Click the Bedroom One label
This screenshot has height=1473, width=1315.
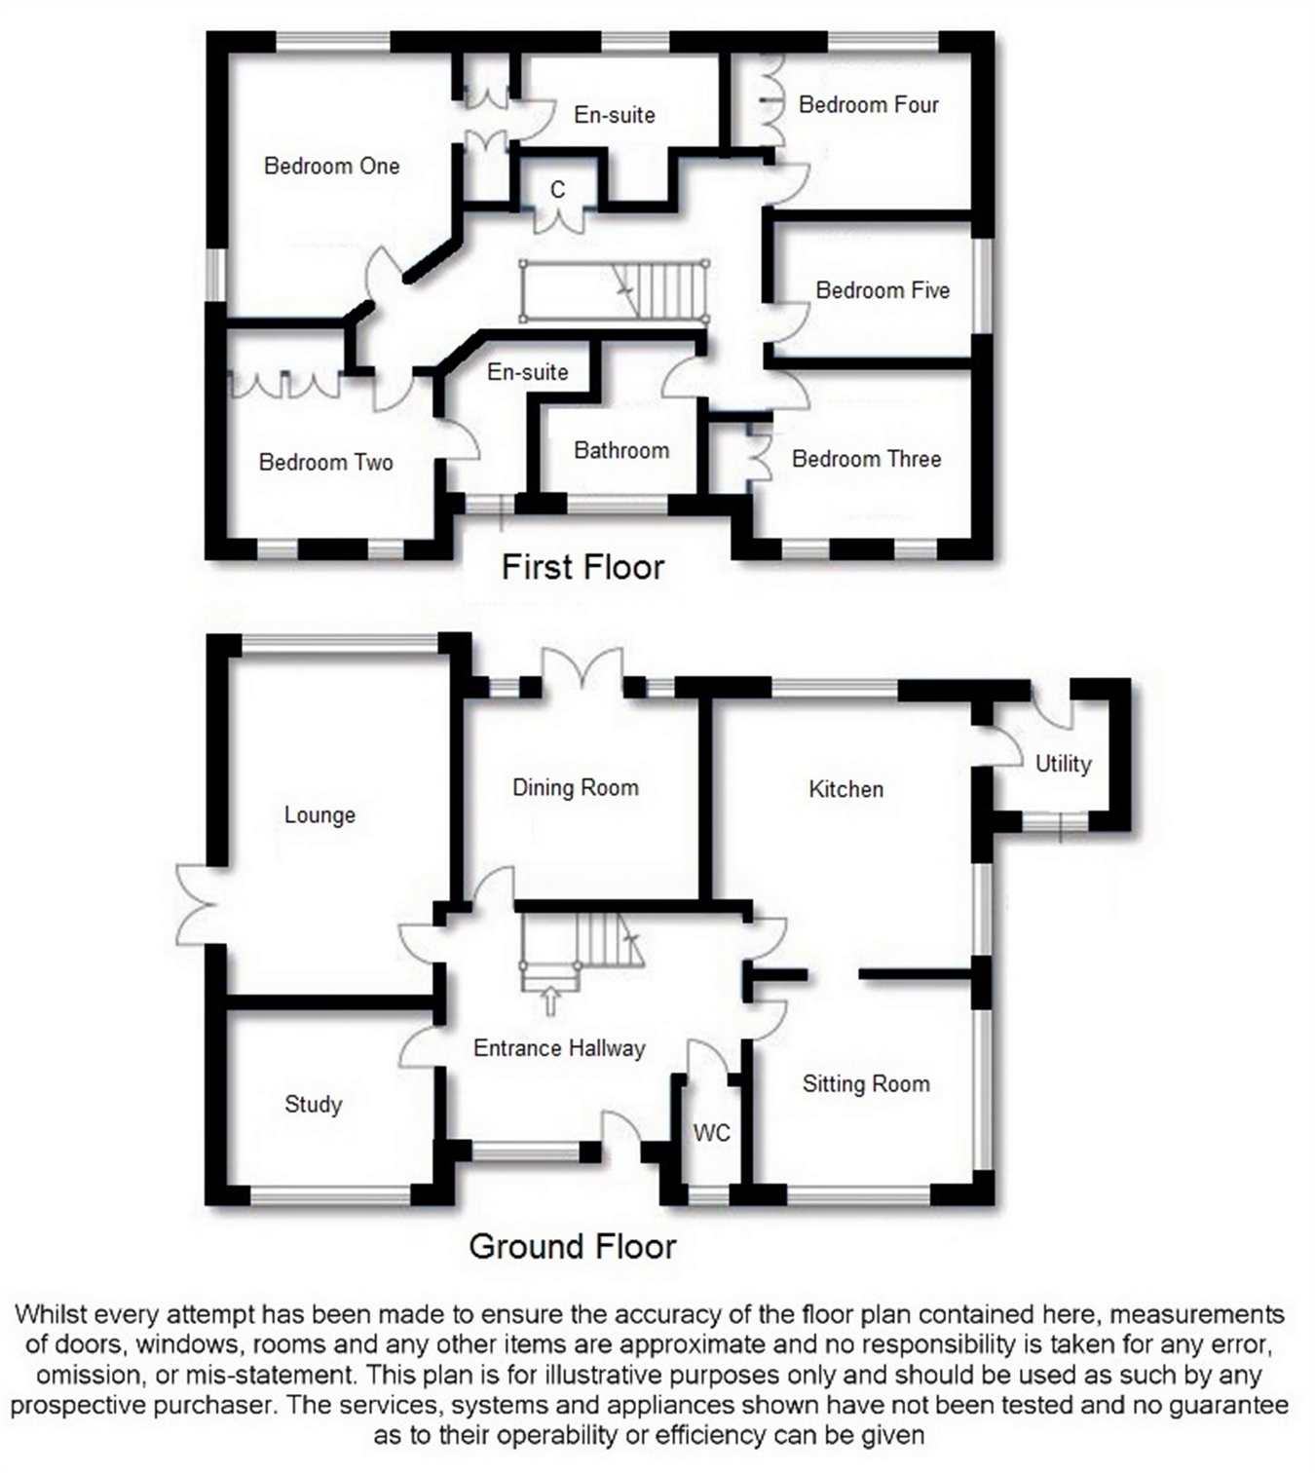(331, 167)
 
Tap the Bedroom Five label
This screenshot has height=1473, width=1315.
(882, 290)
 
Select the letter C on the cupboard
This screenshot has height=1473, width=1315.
(557, 190)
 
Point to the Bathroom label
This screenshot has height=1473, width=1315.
(620, 450)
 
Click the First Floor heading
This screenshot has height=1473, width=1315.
(582, 567)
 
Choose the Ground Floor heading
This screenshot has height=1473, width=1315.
(572, 1246)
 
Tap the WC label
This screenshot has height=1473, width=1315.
(711, 1132)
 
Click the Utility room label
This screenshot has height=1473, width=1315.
(1063, 764)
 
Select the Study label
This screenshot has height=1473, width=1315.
(313, 1104)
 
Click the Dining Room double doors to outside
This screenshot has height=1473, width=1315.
(582, 671)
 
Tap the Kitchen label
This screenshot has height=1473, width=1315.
(845, 789)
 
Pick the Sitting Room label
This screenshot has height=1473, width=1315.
(865, 1083)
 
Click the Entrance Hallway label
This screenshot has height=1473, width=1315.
(559, 1048)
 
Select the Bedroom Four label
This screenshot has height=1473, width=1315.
(868, 105)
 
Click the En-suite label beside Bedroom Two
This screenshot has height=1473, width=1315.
(527, 371)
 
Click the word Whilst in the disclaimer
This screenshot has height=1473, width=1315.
(48, 1314)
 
